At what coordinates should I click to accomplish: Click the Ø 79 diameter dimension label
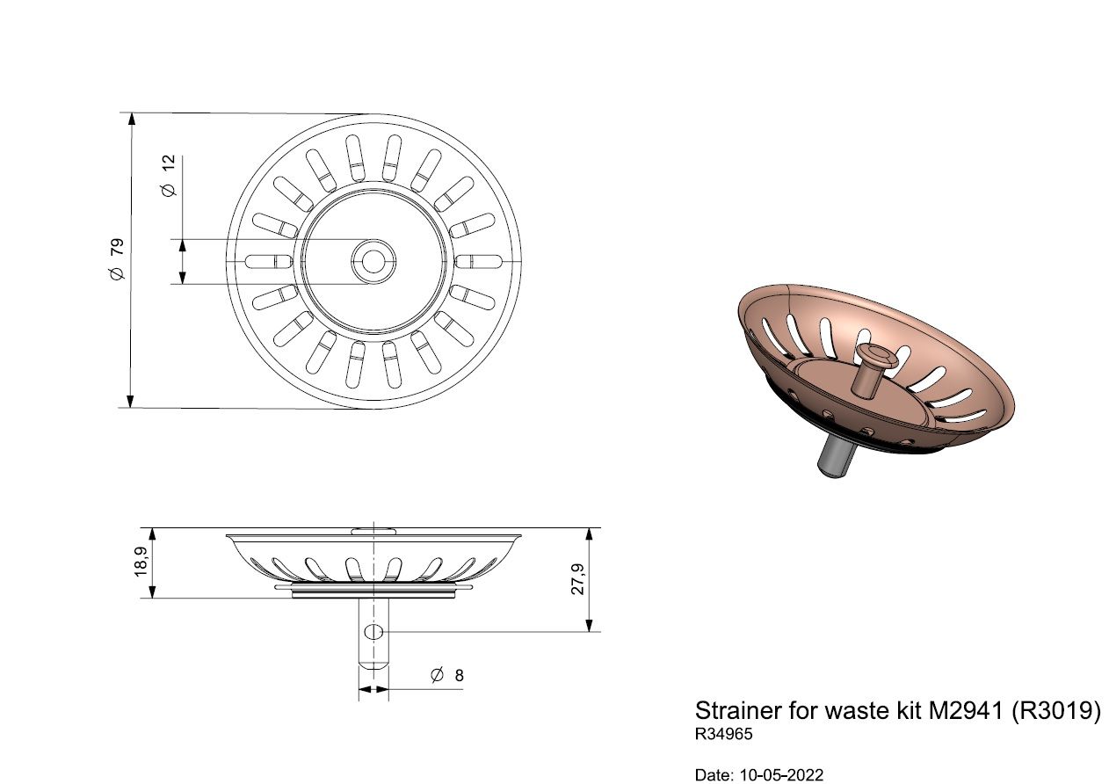[118, 258]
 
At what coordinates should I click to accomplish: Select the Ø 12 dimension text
[169, 176]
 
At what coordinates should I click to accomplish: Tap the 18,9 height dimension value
[141, 563]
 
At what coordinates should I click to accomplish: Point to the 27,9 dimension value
[577, 579]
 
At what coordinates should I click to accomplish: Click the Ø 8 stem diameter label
[447, 675]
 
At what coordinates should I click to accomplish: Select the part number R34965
[723, 734]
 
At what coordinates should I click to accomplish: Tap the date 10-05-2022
[781, 775]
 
